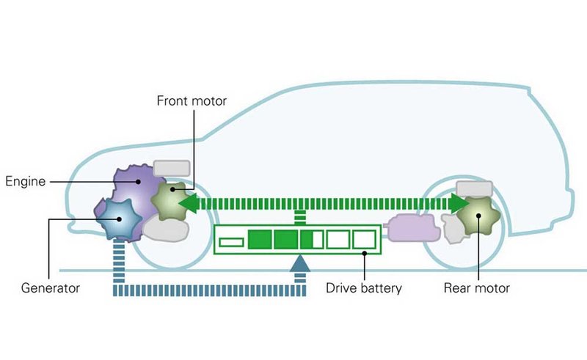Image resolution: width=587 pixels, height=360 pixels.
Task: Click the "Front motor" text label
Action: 192,100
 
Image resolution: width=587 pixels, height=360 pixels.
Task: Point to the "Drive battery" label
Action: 364,288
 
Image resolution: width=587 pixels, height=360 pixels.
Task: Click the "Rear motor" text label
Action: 476,288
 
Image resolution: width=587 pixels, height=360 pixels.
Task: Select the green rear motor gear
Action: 478,215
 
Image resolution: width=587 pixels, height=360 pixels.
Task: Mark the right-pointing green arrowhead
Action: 460,203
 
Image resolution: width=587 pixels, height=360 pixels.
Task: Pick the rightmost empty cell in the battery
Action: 363,240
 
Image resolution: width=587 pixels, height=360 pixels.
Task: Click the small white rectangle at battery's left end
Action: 232,241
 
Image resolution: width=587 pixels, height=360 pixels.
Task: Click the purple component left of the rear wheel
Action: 415,228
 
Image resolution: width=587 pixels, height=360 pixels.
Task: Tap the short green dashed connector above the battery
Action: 299,218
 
